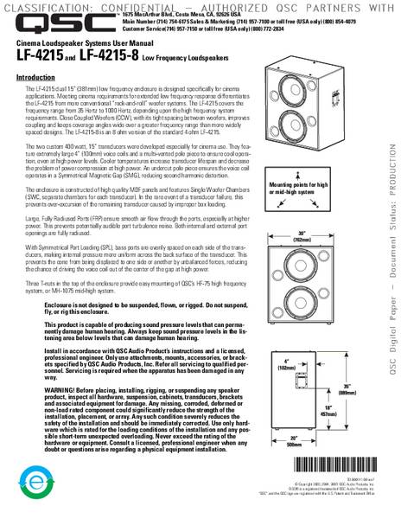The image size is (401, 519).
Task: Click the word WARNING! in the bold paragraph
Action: pos(60,400)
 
